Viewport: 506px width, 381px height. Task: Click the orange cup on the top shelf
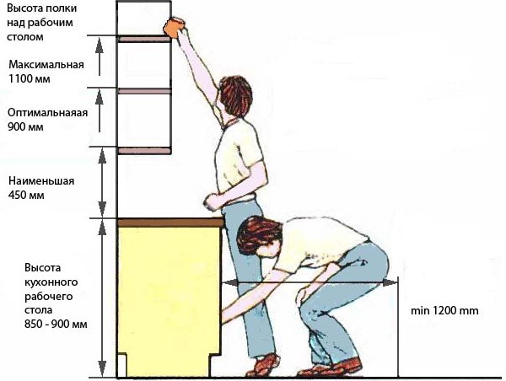175,27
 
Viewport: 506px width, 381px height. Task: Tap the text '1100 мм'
29,79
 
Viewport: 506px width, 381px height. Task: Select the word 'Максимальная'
46,65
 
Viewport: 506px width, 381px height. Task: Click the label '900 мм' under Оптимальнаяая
25,126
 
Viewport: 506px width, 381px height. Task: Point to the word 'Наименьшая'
41,180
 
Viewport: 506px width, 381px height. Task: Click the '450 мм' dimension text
26,196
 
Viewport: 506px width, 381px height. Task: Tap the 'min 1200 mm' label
444,311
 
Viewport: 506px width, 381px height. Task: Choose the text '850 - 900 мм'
56,324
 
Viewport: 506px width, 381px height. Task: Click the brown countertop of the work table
170,223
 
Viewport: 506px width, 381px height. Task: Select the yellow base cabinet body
169,300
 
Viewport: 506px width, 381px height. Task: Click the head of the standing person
235,96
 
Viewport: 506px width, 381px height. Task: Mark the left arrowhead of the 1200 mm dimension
230,282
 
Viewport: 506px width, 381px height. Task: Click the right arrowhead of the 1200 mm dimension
390,282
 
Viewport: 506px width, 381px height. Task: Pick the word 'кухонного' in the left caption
51,282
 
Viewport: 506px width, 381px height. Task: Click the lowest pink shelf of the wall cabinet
144,151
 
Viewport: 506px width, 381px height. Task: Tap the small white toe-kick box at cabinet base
121,366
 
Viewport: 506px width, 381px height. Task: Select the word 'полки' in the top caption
62,8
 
